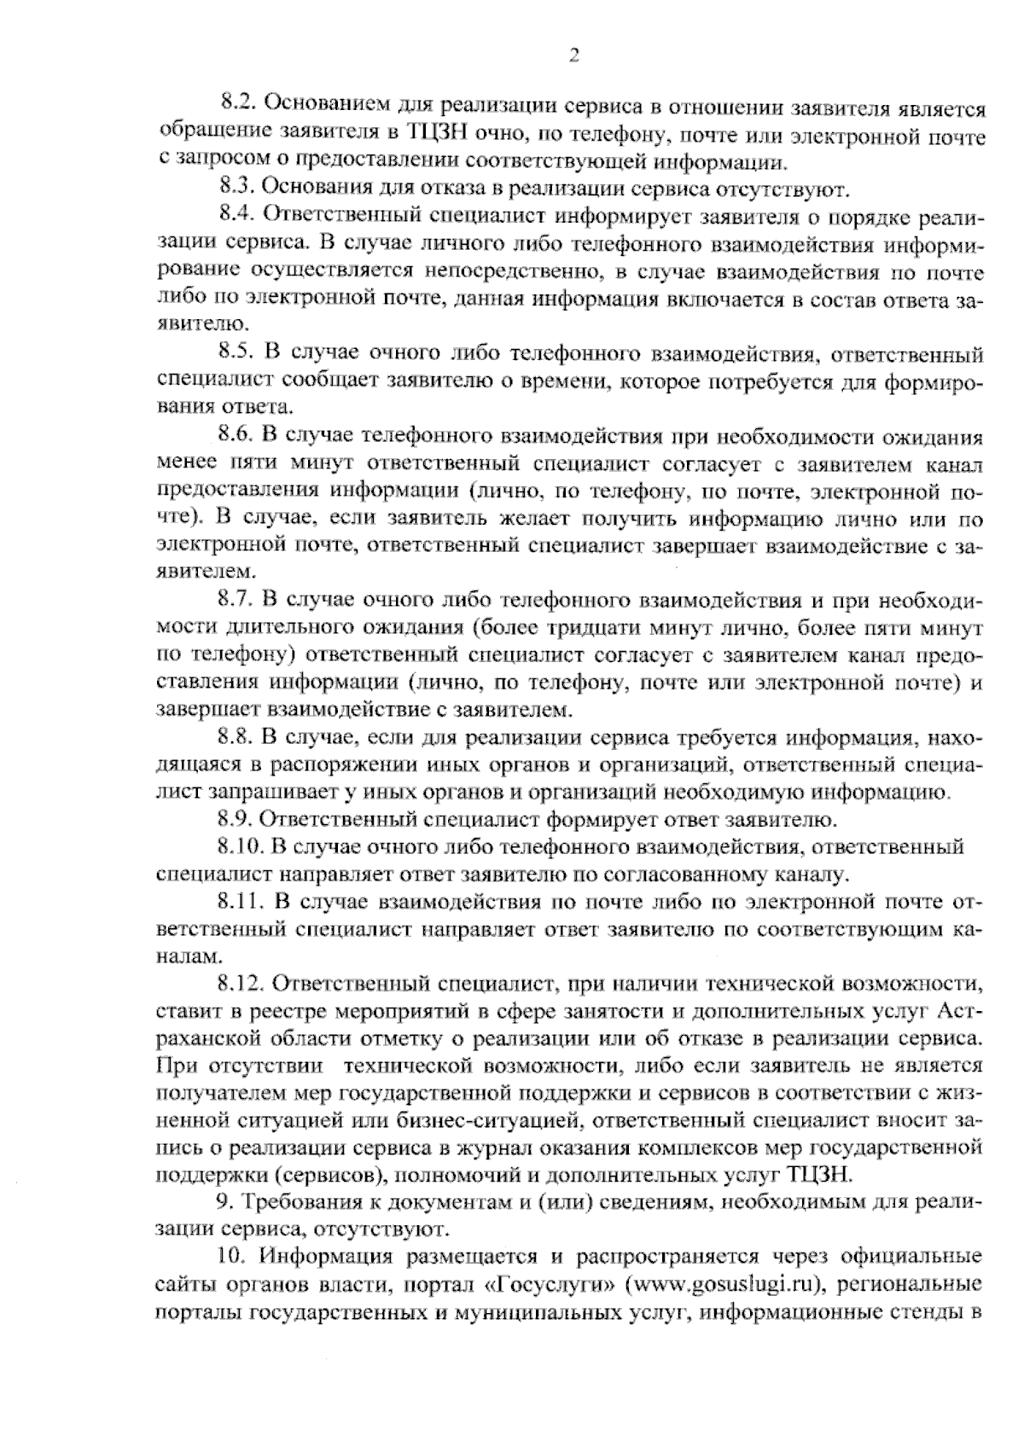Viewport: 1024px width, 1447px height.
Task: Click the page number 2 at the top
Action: (x=573, y=56)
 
